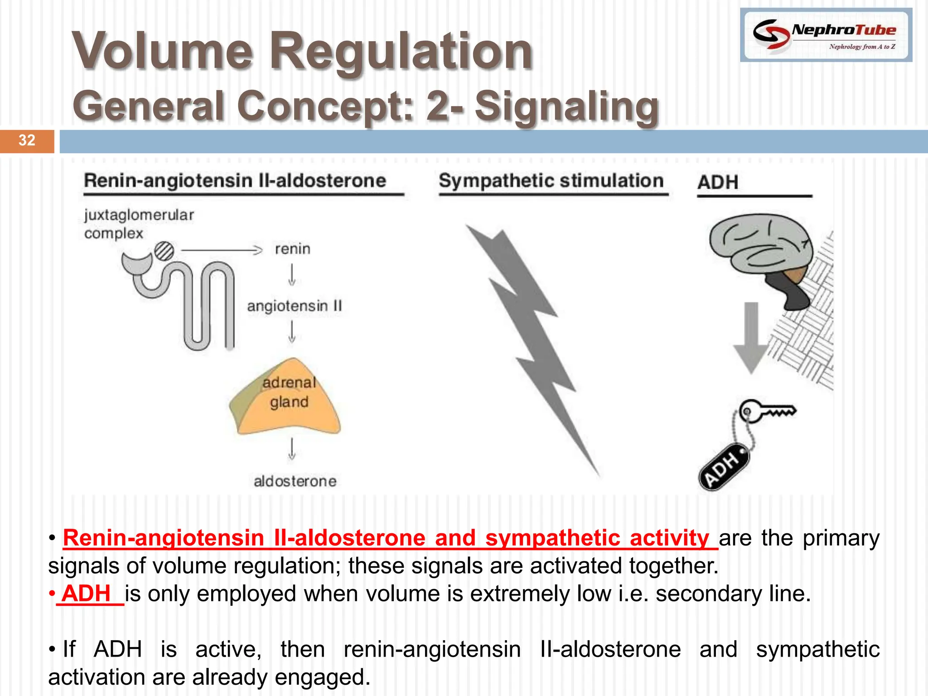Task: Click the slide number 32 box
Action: pos(27,141)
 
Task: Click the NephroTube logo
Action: pos(826,35)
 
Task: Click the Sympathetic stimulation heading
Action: pos(551,181)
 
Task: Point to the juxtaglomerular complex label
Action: pos(138,224)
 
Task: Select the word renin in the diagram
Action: pos(293,249)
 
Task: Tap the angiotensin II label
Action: pos(294,306)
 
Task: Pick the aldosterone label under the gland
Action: pos(295,481)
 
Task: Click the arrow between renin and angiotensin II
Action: pos(292,275)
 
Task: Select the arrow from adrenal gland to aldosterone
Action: pos(292,449)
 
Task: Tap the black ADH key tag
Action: pos(724,467)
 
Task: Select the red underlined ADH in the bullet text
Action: pos(87,594)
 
